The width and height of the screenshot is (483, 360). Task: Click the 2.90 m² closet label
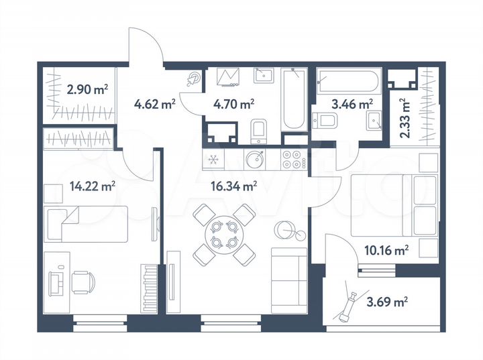click(x=87, y=87)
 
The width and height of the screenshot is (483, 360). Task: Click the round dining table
click(x=223, y=233)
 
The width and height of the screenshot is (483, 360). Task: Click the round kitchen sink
click(x=255, y=160)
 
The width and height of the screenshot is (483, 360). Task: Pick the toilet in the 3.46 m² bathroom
click(x=328, y=121)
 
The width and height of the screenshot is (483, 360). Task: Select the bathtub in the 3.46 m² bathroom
click(x=348, y=82)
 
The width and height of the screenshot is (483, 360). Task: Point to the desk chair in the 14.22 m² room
click(x=83, y=282)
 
